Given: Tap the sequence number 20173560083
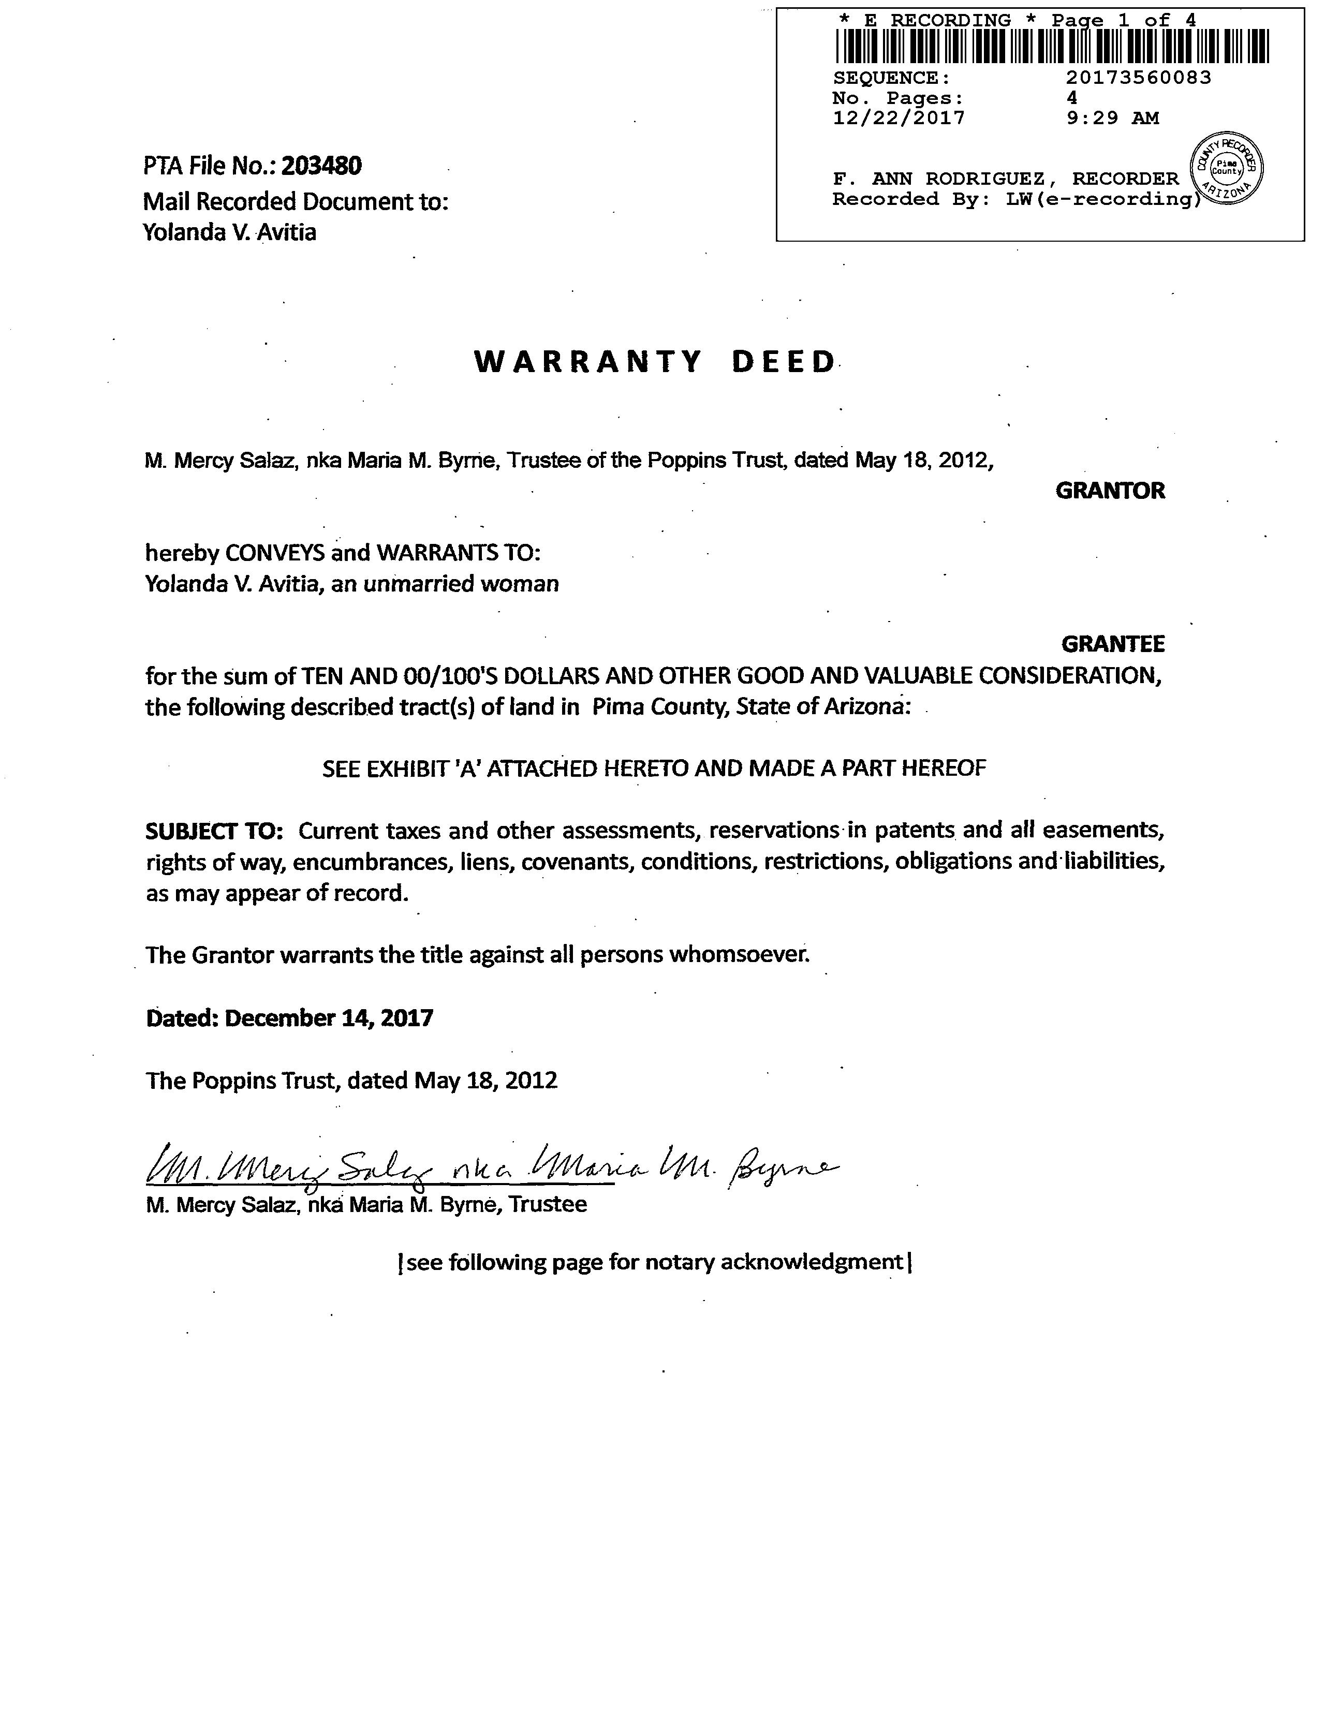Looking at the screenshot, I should pyautogui.click(x=1138, y=78).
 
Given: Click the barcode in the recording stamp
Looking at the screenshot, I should pyautogui.click(x=1051, y=46).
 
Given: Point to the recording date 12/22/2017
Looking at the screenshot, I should pyautogui.click(x=898, y=119).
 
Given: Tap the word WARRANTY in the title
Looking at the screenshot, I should pyautogui.click(x=588, y=362).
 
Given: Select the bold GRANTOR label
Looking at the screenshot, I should pyautogui.click(x=1110, y=491).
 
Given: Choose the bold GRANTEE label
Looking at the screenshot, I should pyautogui.click(x=1112, y=644).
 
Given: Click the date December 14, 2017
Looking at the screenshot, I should pyautogui.click(x=329, y=1018).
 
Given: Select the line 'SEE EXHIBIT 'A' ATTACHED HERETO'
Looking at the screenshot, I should pyautogui.click(x=654, y=769).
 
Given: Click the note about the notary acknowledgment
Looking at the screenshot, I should pyautogui.click(x=655, y=1262).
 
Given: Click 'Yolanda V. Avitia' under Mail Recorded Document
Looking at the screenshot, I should pyautogui.click(x=229, y=232).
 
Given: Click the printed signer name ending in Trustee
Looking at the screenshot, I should pyautogui.click(x=366, y=1205).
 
